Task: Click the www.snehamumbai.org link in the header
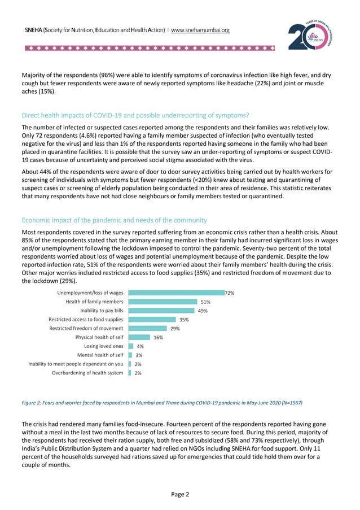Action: click(200, 29)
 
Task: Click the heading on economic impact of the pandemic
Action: click(114, 220)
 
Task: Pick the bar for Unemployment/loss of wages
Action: click(175, 293)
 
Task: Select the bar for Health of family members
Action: click(163, 302)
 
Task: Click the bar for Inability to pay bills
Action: click(161, 311)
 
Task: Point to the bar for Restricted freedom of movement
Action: click(147, 328)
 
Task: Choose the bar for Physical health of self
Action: click(139, 337)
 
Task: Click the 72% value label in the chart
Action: click(229, 293)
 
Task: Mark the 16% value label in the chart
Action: click(158, 337)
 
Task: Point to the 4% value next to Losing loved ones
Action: click(140, 346)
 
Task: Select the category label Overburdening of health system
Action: click(87, 373)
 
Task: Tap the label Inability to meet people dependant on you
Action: click(76, 364)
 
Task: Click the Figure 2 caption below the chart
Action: click(161, 403)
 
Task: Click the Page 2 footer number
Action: click(180, 495)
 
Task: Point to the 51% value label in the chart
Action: click(205, 302)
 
